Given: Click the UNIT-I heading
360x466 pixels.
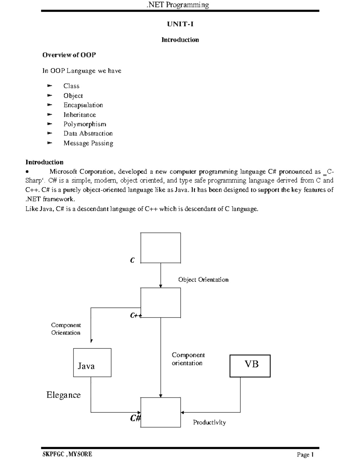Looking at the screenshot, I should (x=180, y=24).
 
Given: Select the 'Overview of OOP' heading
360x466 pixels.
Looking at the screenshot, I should (x=69, y=55).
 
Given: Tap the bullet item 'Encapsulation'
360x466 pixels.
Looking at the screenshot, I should (x=83, y=105).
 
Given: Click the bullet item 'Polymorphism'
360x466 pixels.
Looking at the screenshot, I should (x=85, y=124).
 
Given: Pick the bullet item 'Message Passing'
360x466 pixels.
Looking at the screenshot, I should (x=88, y=143).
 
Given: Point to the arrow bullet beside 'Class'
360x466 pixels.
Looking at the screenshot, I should (x=50, y=86).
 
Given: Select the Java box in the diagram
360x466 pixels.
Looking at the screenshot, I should (x=92, y=362).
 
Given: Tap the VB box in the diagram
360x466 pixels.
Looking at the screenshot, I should (x=250, y=366).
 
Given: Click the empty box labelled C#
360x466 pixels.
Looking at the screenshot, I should (x=161, y=412).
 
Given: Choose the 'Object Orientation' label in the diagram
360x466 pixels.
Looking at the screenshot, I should (x=203, y=280).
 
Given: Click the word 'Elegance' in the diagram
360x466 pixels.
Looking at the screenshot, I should (x=64, y=395).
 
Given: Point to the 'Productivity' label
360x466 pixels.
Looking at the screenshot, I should (x=209, y=422).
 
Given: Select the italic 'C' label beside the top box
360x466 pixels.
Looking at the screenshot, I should (x=132, y=260).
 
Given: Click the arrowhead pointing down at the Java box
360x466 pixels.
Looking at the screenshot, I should (x=91, y=341).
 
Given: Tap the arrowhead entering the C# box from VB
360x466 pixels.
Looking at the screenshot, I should (x=182, y=412).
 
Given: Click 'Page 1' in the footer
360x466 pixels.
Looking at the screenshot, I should (x=305, y=455).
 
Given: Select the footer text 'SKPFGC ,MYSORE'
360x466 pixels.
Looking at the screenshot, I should (x=67, y=454).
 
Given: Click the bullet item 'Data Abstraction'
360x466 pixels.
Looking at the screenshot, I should (x=88, y=134).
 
